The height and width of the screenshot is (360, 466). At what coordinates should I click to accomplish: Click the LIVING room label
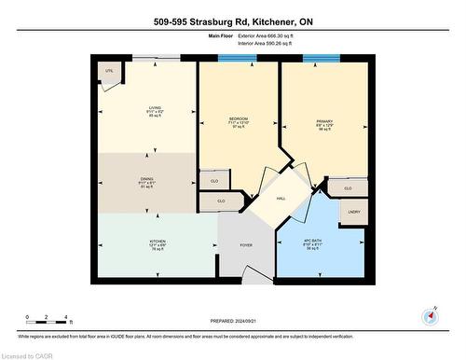(144, 107)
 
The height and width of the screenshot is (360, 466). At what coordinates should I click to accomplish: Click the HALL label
(280, 198)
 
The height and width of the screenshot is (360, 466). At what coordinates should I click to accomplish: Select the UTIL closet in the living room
(109, 71)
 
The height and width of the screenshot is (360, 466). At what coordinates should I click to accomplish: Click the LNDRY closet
(353, 212)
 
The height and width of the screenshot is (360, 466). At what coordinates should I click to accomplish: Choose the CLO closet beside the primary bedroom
(348, 187)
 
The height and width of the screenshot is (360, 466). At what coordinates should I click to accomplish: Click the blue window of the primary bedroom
(322, 59)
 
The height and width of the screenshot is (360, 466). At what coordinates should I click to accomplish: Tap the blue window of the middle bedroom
(237, 59)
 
